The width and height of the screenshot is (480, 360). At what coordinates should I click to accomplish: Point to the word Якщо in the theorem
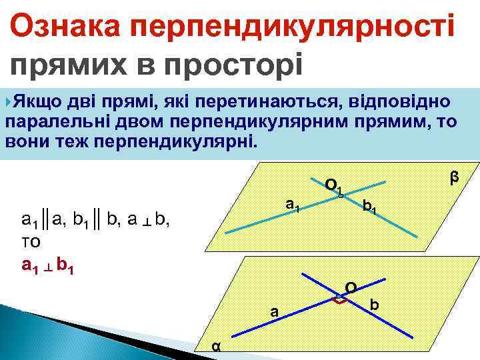point(38,101)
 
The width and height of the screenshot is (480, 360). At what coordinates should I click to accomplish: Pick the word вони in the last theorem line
point(26,142)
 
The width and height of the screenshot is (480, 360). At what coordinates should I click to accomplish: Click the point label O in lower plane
point(350,288)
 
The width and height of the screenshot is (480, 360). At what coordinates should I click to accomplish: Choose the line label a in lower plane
point(273,311)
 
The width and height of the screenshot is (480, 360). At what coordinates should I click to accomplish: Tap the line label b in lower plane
point(375,305)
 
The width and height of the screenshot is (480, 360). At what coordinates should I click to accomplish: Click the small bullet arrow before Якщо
point(8,101)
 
